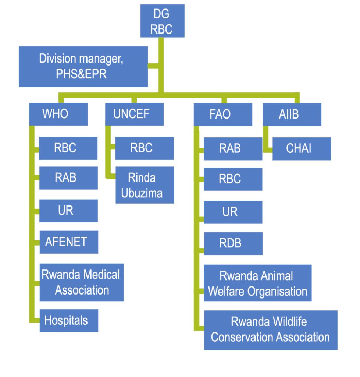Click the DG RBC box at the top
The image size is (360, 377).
pos(162,21)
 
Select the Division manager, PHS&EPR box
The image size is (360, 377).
pos(83,67)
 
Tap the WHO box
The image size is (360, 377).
pos(58,114)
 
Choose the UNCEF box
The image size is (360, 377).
pos(134,114)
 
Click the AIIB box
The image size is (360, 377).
pos(292,114)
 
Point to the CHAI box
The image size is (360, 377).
pos(302,148)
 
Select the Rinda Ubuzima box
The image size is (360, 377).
pos(145,185)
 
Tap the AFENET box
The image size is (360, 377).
pos(68,242)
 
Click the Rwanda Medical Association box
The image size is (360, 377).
pos(81,282)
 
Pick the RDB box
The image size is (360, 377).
pos(233,243)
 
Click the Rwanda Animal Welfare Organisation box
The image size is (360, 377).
pos(257,283)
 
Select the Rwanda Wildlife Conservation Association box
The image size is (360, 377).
pos(271,330)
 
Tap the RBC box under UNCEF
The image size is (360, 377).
pos(144,148)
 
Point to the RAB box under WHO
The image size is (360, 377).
pos(68,177)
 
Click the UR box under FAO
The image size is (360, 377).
pos(233,212)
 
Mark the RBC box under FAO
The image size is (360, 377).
pos(233,179)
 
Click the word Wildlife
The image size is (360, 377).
pos(289,322)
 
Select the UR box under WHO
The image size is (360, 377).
pos(68,211)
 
